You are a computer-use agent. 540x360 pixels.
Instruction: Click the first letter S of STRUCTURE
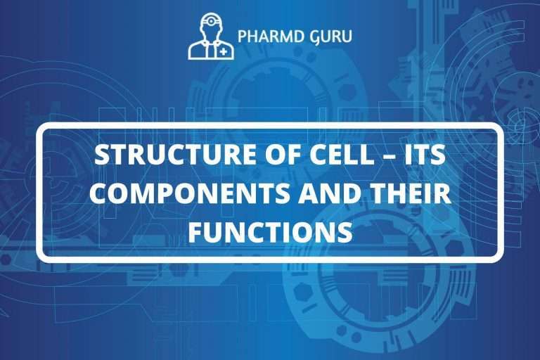tap(102, 156)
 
